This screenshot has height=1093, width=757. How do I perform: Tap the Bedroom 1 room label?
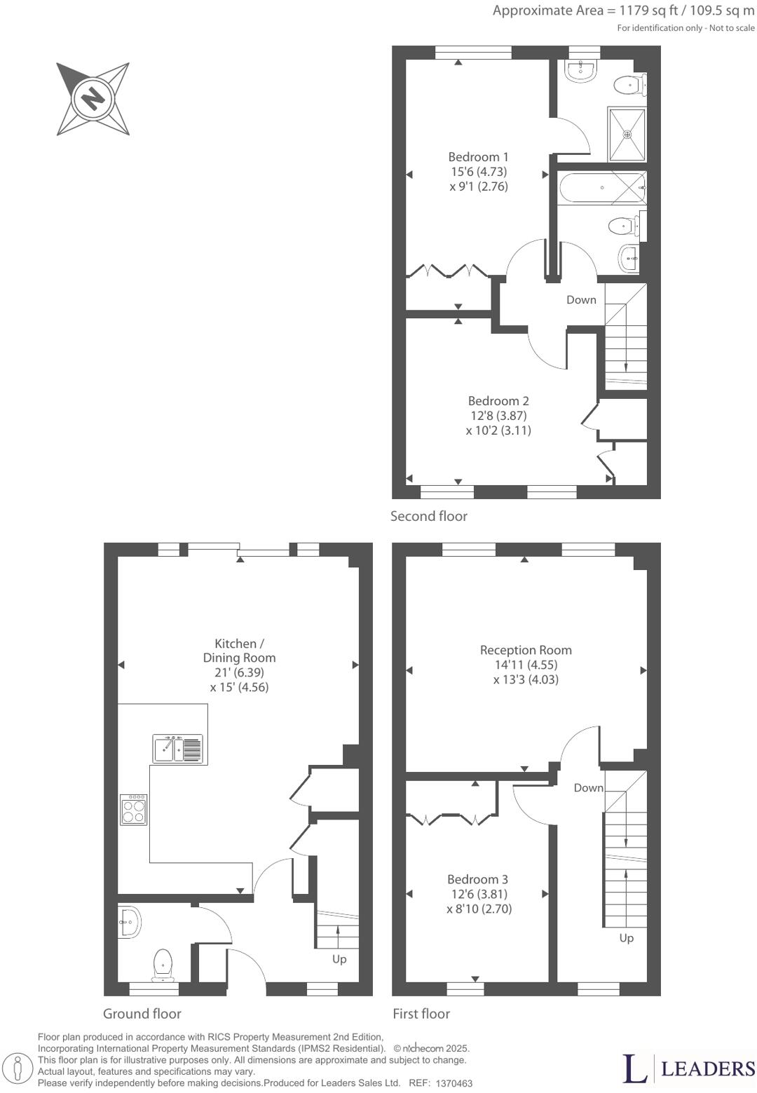478,157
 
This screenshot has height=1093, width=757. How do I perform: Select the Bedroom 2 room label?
498,401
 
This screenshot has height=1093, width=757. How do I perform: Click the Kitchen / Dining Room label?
239,651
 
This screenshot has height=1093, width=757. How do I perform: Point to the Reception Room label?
526,650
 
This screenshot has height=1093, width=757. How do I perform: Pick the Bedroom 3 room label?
478,879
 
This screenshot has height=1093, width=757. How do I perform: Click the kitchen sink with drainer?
178,749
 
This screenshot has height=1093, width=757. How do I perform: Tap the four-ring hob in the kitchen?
134,810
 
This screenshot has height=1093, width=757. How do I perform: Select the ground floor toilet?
163,965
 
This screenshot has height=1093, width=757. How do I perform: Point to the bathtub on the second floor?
601,188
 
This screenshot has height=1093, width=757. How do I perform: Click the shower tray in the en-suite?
627,134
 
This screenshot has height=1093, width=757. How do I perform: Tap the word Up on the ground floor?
339,959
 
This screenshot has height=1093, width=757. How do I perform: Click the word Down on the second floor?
581,299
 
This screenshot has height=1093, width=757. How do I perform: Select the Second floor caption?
428,516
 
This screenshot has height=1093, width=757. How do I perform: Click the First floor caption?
421,1014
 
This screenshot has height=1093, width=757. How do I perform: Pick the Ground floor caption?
142,1014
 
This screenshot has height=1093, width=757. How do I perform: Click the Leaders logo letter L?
634,1067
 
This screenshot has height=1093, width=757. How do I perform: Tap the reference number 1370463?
453,1083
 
